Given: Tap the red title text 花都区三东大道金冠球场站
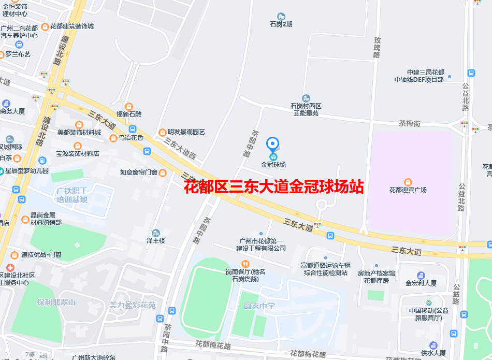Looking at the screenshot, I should click(274, 187).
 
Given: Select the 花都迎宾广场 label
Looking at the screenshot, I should click(408, 190).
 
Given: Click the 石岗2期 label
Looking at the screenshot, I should click(281, 24).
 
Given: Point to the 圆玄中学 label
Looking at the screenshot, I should click(259, 306).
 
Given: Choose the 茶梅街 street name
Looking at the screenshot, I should click(410, 124).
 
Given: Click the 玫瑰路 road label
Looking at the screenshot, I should click(377, 47).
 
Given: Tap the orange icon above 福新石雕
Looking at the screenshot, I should click(129, 106).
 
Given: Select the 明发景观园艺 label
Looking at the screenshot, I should click(186, 132).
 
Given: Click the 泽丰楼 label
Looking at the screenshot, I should click(155, 241).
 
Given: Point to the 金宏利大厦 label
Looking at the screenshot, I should click(421, 283).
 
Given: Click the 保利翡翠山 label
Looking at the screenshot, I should click(56, 303).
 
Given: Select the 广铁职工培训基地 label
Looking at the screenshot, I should click(72, 196).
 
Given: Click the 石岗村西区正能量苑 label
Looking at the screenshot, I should click(306, 109).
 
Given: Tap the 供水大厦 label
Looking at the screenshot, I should click(433, 353).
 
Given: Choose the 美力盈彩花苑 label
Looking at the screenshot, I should click(132, 306).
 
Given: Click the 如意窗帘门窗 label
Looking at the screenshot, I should click(138, 172).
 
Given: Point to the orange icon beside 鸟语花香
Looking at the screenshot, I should click(113, 138).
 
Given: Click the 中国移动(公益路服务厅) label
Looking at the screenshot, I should click(428, 314).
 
